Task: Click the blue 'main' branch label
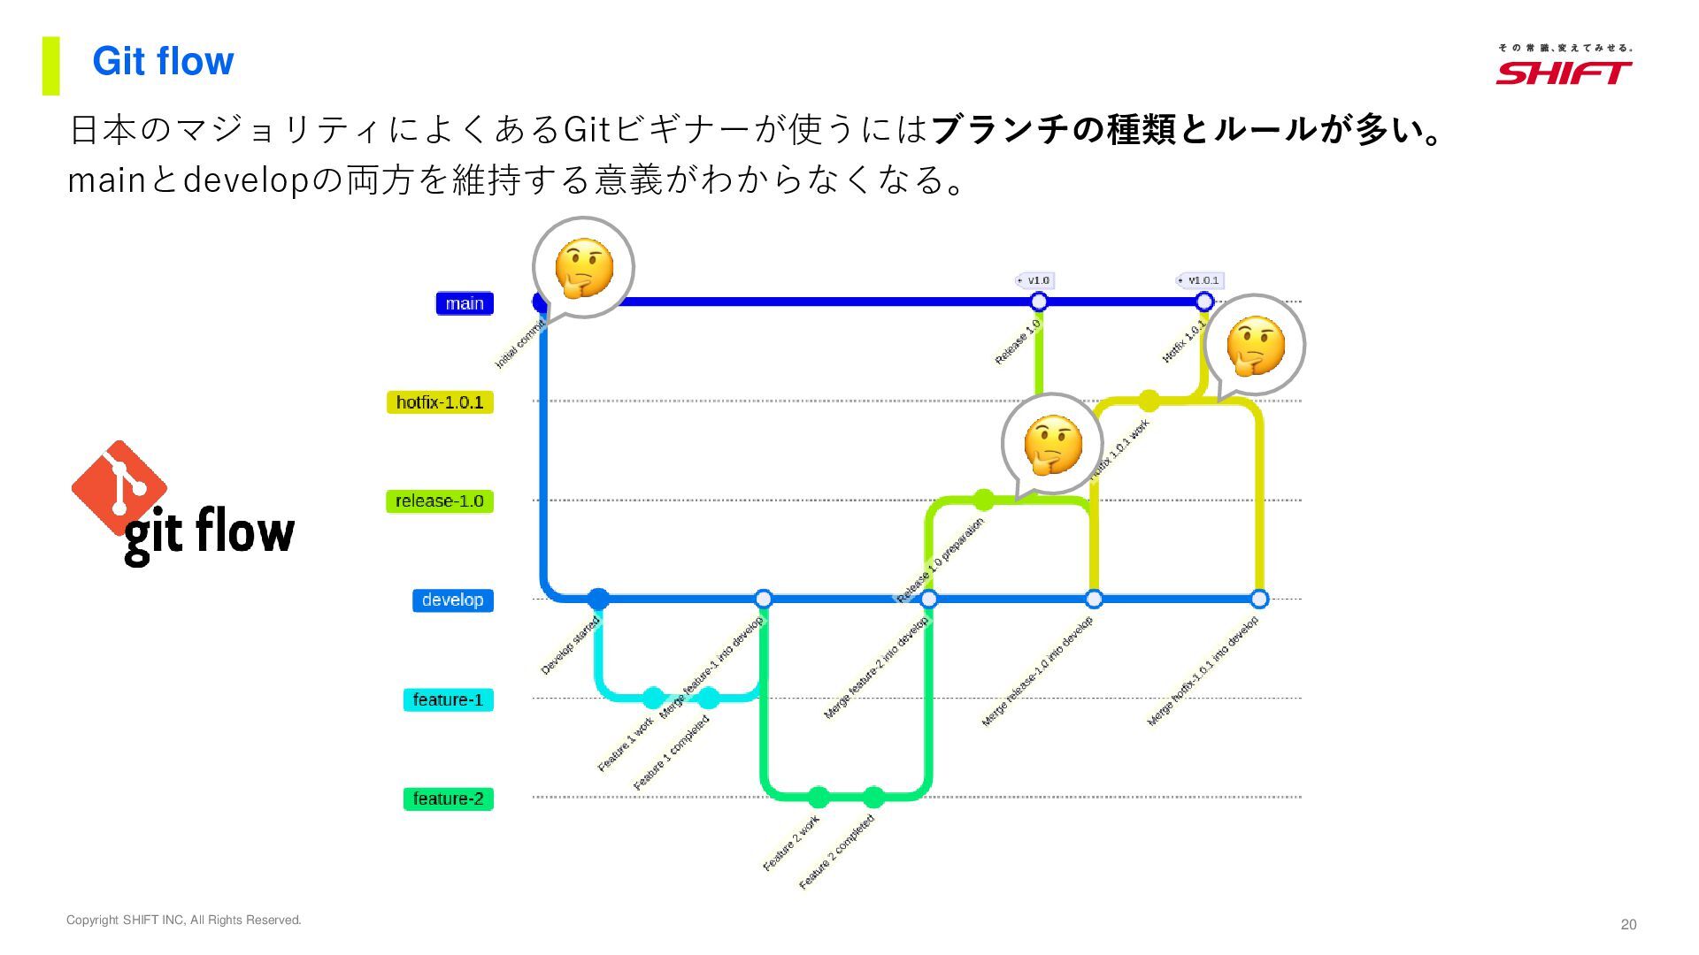tap(465, 303)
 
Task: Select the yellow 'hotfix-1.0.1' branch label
tap(440, 402)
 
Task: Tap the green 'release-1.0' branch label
tap(440, 501)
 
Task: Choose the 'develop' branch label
tap(452, 600)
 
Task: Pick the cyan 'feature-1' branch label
tap(448, 699)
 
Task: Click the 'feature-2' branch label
tap(448, 798)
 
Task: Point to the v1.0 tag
tap(1034, 280)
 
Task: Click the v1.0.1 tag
tap(1200, 280)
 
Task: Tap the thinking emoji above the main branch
tap(584, 267)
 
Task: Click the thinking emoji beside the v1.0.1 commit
tap(1256, 345)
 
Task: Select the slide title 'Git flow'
tap(163, 61)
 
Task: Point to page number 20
tap(1628, 924)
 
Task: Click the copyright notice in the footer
tap(184, 920)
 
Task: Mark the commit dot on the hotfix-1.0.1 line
tap(1149, 401)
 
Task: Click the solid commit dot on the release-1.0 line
tap(983, 500)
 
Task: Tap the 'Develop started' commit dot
tap(598, 599)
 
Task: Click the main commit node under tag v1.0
tap(1039, 302)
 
